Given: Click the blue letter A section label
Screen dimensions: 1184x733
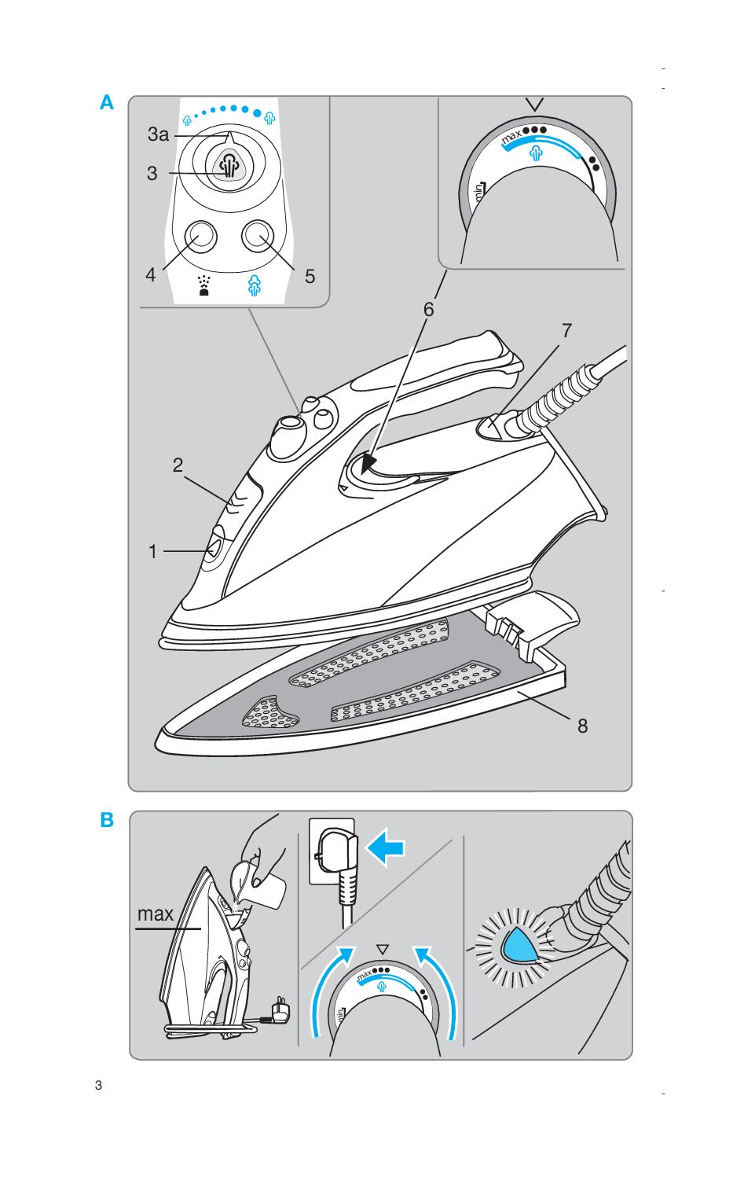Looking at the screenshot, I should (107, 102).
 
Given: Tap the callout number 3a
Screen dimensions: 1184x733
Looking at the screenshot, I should (158, 135).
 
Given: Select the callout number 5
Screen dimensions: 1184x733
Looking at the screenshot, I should (310, 276).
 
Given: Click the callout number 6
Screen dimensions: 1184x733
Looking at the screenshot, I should (428, 309).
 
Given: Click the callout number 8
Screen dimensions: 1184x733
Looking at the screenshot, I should (582, 726).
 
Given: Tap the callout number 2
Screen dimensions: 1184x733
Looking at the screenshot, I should (178, 465).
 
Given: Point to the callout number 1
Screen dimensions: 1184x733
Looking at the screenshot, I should (153, 552).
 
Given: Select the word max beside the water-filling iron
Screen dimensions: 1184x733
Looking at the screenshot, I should (156, 914).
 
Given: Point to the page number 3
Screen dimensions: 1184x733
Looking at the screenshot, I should (98, 1087).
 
